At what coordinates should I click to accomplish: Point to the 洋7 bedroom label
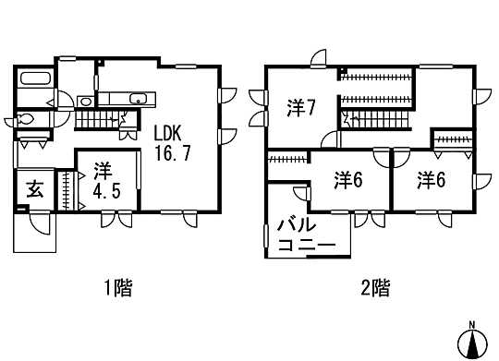(301, 108)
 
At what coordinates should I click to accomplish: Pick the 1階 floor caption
(117, 288)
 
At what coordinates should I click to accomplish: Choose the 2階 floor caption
(374, 288)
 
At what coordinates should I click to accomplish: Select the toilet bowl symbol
(28, 119)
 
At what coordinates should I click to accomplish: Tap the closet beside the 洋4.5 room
(66, 190)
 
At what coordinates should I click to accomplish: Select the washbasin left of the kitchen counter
(85, 102)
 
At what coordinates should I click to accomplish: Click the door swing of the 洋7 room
(327, 138)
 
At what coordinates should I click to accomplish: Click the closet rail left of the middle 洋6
(286, 160)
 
